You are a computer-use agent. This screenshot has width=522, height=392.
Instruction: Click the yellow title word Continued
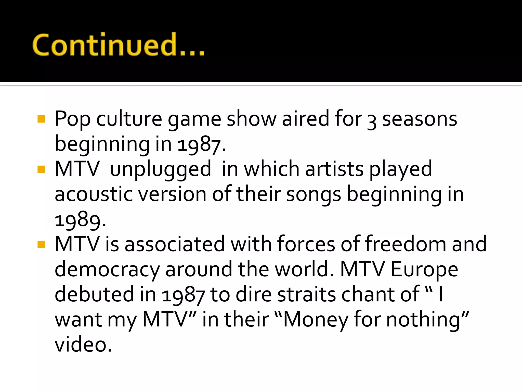pyautogui.click(x=118, y=45)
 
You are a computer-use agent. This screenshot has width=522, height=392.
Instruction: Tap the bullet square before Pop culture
pyautogui.click(x=41, y=119)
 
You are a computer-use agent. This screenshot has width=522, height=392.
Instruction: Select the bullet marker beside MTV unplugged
pyautogui.click(x=41, y=169)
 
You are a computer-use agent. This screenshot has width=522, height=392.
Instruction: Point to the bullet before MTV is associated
pyautogui.click(x=41, y=244)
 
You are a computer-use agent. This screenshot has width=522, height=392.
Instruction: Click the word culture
pyautogui.click(x=129, y=119)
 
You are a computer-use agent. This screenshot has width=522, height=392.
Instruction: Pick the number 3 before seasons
pyautogui.click(x=372, y=121)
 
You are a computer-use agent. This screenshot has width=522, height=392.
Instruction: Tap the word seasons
pyautogui.click(x=420, y=119)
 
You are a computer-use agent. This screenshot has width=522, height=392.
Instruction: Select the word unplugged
pyautogui.click(x=161, y=169)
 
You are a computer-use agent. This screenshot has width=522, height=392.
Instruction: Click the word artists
pyautogui.click(x=334, y=169)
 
